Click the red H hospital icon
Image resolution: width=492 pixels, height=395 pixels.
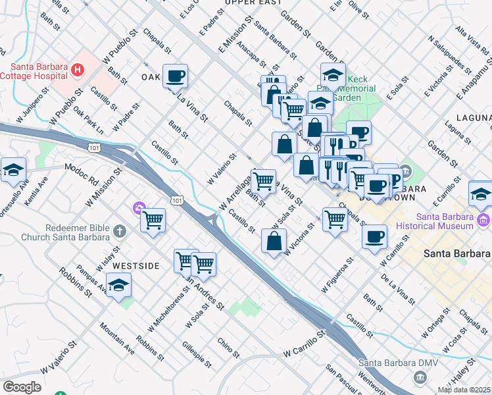click(78, 68)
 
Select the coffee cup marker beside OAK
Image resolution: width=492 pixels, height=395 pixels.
click(176, 78)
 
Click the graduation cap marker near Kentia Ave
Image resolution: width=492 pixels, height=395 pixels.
click(13, 171)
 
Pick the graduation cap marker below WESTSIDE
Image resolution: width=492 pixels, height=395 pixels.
click(118, 286)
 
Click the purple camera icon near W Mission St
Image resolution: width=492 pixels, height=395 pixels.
click(139, 209)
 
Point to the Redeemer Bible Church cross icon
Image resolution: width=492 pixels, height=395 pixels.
click(119, 231)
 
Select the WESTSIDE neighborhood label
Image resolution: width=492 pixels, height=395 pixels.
click(135, 266)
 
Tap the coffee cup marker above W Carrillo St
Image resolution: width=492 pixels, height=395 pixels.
click(375, 236)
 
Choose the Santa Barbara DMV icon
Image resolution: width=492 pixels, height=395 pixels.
click(420, 377)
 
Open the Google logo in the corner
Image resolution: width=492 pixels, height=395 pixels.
click(22, 387)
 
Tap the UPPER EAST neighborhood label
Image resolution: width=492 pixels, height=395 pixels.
click(248, 3)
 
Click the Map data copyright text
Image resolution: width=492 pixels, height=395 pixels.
click(464, 390)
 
